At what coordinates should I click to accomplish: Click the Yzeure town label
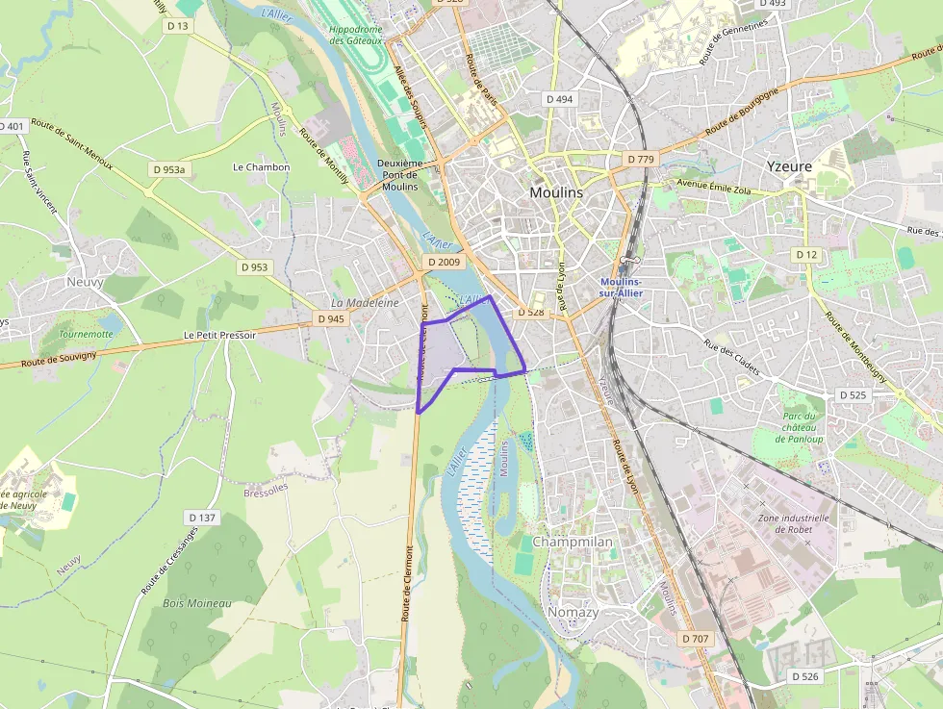point(789,166)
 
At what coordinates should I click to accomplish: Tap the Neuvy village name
point(85,282)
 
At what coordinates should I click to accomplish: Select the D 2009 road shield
point(444,262)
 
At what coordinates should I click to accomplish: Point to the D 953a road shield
point(168,169)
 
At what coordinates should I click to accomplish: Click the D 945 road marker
point(330,318)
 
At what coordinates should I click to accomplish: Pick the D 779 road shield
point(640,159)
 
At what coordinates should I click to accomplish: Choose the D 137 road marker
point(203,518)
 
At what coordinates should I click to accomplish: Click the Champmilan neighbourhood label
point(573,542)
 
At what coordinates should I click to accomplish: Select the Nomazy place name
point(573,612)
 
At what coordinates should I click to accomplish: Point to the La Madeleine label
point(365,302)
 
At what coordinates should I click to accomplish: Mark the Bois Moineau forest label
point(197,603)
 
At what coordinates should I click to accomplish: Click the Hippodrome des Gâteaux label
point(356,35)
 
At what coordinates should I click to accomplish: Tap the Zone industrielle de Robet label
point(785,523)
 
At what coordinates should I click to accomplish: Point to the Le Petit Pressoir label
point(219,335)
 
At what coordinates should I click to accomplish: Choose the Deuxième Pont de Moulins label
point(400,175)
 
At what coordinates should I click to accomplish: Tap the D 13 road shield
point(178,26)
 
